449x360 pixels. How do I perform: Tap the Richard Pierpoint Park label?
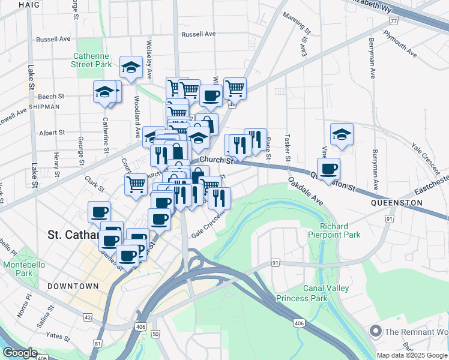click(x=334, y=230)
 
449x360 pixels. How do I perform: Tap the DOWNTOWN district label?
click(x=73, y=286)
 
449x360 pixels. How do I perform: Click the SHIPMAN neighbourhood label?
click(x=43, y=107)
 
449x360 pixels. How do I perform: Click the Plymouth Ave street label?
click(x=402, y=43)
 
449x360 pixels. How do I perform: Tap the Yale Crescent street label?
click(x=426, y=154)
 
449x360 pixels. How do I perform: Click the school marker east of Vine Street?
click(x=342, y=134)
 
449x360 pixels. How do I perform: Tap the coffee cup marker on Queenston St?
click(x=329, y=168)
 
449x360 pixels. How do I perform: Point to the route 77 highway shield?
click(x=393, y=21)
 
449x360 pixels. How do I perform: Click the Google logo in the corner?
click(x=20, y=353)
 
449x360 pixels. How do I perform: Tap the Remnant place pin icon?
click(x=376, y=331)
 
